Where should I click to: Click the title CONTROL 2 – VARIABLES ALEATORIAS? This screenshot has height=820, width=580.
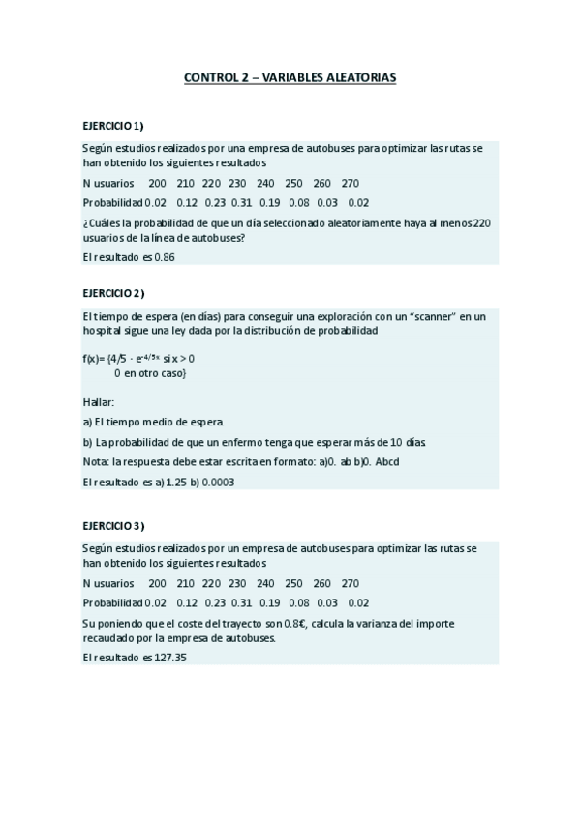click(x=290, y=76)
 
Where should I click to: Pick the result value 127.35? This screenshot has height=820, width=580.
click(x=170, y=658)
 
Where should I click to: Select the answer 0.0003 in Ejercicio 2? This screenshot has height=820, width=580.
click(x=219, y=481)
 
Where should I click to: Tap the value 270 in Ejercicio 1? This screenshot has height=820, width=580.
click(x=351, y=183)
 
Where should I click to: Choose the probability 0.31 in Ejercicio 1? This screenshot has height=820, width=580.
click(x=242, y=202)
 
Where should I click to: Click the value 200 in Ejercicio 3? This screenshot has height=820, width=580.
click(x=157, y=583)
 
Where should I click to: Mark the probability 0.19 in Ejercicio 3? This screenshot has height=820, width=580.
click(x=270, y=602)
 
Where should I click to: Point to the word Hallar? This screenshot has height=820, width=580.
click(x=99, y=401)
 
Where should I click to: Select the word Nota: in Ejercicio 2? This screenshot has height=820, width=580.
click(x=97, y=461)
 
